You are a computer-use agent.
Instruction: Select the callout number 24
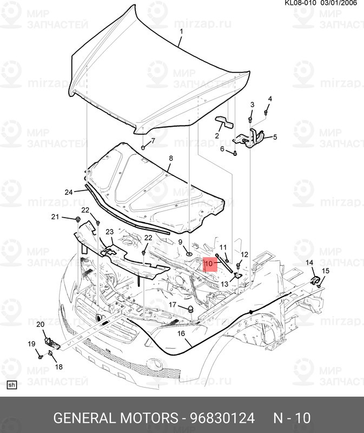(68, 192)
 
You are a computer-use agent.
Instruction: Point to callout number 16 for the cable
(181, 334)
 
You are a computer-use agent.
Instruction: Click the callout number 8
(170, 159)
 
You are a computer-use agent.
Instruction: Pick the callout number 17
(173, 305)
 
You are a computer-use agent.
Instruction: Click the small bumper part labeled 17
(191, 309)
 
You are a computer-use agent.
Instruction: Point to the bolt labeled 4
(267, 112)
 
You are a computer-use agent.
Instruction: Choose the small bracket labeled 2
(224, 122)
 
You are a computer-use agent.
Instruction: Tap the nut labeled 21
(78, 219)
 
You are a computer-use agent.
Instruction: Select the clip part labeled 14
(314, 279)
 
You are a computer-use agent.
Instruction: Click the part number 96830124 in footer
(221, 418)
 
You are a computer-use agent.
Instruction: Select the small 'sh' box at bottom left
(11, 385)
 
